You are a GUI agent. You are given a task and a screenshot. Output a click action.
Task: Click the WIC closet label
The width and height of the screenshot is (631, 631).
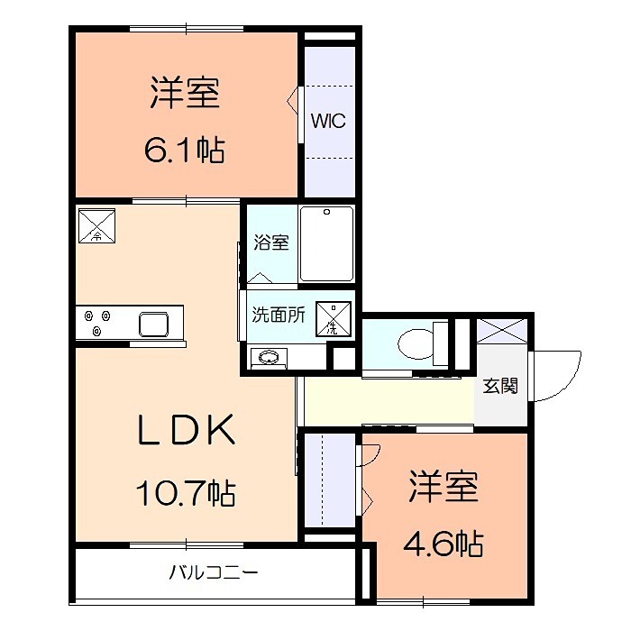point(328,122)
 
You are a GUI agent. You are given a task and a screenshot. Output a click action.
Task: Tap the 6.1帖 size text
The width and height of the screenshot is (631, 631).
point(185,149)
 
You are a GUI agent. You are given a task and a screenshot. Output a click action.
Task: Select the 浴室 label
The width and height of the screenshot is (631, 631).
point(270,242)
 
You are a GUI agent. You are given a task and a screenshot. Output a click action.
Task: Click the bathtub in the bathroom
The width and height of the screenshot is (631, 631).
point(326,244)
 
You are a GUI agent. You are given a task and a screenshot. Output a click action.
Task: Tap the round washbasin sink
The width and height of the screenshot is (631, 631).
point(268,358)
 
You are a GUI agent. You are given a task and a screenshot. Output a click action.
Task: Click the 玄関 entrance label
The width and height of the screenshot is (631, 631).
point(500,386)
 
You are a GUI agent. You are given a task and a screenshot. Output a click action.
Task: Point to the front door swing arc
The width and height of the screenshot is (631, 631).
point(554,370)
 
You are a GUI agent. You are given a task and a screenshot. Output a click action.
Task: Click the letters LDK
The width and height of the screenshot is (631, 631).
point(186,431)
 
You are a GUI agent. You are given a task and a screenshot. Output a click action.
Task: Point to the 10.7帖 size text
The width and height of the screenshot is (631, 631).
point(185,493)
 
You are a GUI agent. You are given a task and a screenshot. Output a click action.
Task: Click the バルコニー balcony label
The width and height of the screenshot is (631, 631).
point(214,572)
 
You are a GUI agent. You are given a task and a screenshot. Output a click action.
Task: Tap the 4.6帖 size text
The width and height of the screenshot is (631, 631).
point(442,544)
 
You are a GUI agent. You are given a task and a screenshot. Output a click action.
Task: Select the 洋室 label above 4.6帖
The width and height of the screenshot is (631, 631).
point(443,487)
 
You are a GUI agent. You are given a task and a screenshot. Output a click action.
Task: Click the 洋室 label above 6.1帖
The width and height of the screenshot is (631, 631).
point(186,94)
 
